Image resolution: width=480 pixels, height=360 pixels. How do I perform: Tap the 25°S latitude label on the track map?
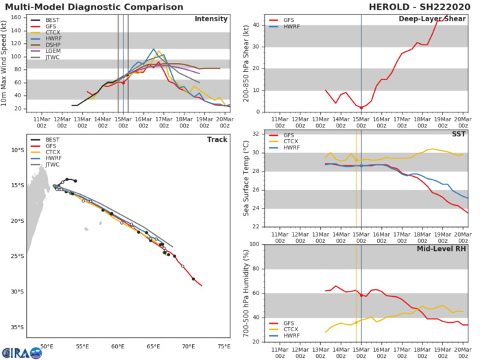tap(19, 256)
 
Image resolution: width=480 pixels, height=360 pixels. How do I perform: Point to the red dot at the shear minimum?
tap(361, 108)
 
